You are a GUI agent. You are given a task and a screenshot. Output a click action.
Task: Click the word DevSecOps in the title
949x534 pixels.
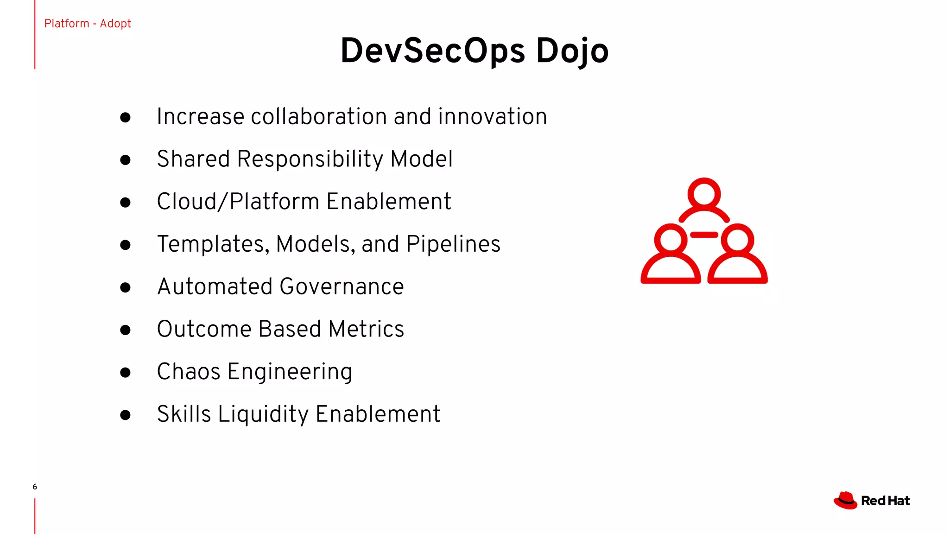[x=432, y=51]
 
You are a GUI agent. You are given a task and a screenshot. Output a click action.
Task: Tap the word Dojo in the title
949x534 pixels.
[x=572, y=51]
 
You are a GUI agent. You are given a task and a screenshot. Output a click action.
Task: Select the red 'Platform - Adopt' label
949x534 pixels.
[x=88, y=24]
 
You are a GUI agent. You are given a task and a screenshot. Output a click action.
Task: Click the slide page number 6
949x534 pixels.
[x=35, y=487]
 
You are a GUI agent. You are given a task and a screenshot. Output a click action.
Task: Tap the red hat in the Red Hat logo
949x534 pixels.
[x=846, y=501]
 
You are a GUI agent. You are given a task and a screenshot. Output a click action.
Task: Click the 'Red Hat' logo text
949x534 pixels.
[x=886, y=501]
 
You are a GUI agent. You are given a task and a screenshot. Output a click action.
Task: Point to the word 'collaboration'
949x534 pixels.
[x=318, y=116]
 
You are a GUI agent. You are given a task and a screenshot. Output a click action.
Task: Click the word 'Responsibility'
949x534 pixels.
[x=310, y=159]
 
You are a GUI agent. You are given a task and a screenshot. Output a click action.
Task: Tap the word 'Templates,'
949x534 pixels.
[x=213, y=244]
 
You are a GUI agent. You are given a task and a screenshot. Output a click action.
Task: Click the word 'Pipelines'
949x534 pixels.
[x=453, y=244]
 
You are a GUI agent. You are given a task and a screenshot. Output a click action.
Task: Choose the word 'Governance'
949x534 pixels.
[x=342, y=286]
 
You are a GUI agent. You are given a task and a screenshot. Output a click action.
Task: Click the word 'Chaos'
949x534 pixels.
[x=189, y=372]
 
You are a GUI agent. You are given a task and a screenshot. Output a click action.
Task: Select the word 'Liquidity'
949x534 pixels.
[x=263, y=414]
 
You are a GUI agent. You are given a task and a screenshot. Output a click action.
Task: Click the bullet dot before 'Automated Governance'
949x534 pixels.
[x=125, y=287]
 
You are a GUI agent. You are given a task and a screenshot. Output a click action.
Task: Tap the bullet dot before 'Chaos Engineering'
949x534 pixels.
[x=125, y=373]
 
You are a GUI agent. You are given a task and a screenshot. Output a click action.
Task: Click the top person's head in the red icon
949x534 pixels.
[x=704, y=193]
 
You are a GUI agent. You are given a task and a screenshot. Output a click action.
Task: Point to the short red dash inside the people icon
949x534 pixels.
[x=704, y=235]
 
